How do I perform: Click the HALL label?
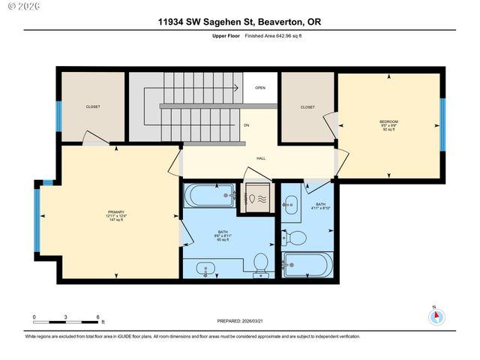[x=261, y=158]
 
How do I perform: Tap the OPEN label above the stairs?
[x=260, y=88]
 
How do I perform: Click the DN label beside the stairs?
[x=245, y=124]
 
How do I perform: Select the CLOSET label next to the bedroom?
[x=307, y=107]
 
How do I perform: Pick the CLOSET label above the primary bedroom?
[x=93, y=106]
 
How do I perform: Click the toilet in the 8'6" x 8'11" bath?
[x=261, y=262]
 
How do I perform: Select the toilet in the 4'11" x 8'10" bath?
[x=297, y=238]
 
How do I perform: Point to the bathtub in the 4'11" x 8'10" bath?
[x=307, y=264]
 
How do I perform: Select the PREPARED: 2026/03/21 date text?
[x=240, y=322]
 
